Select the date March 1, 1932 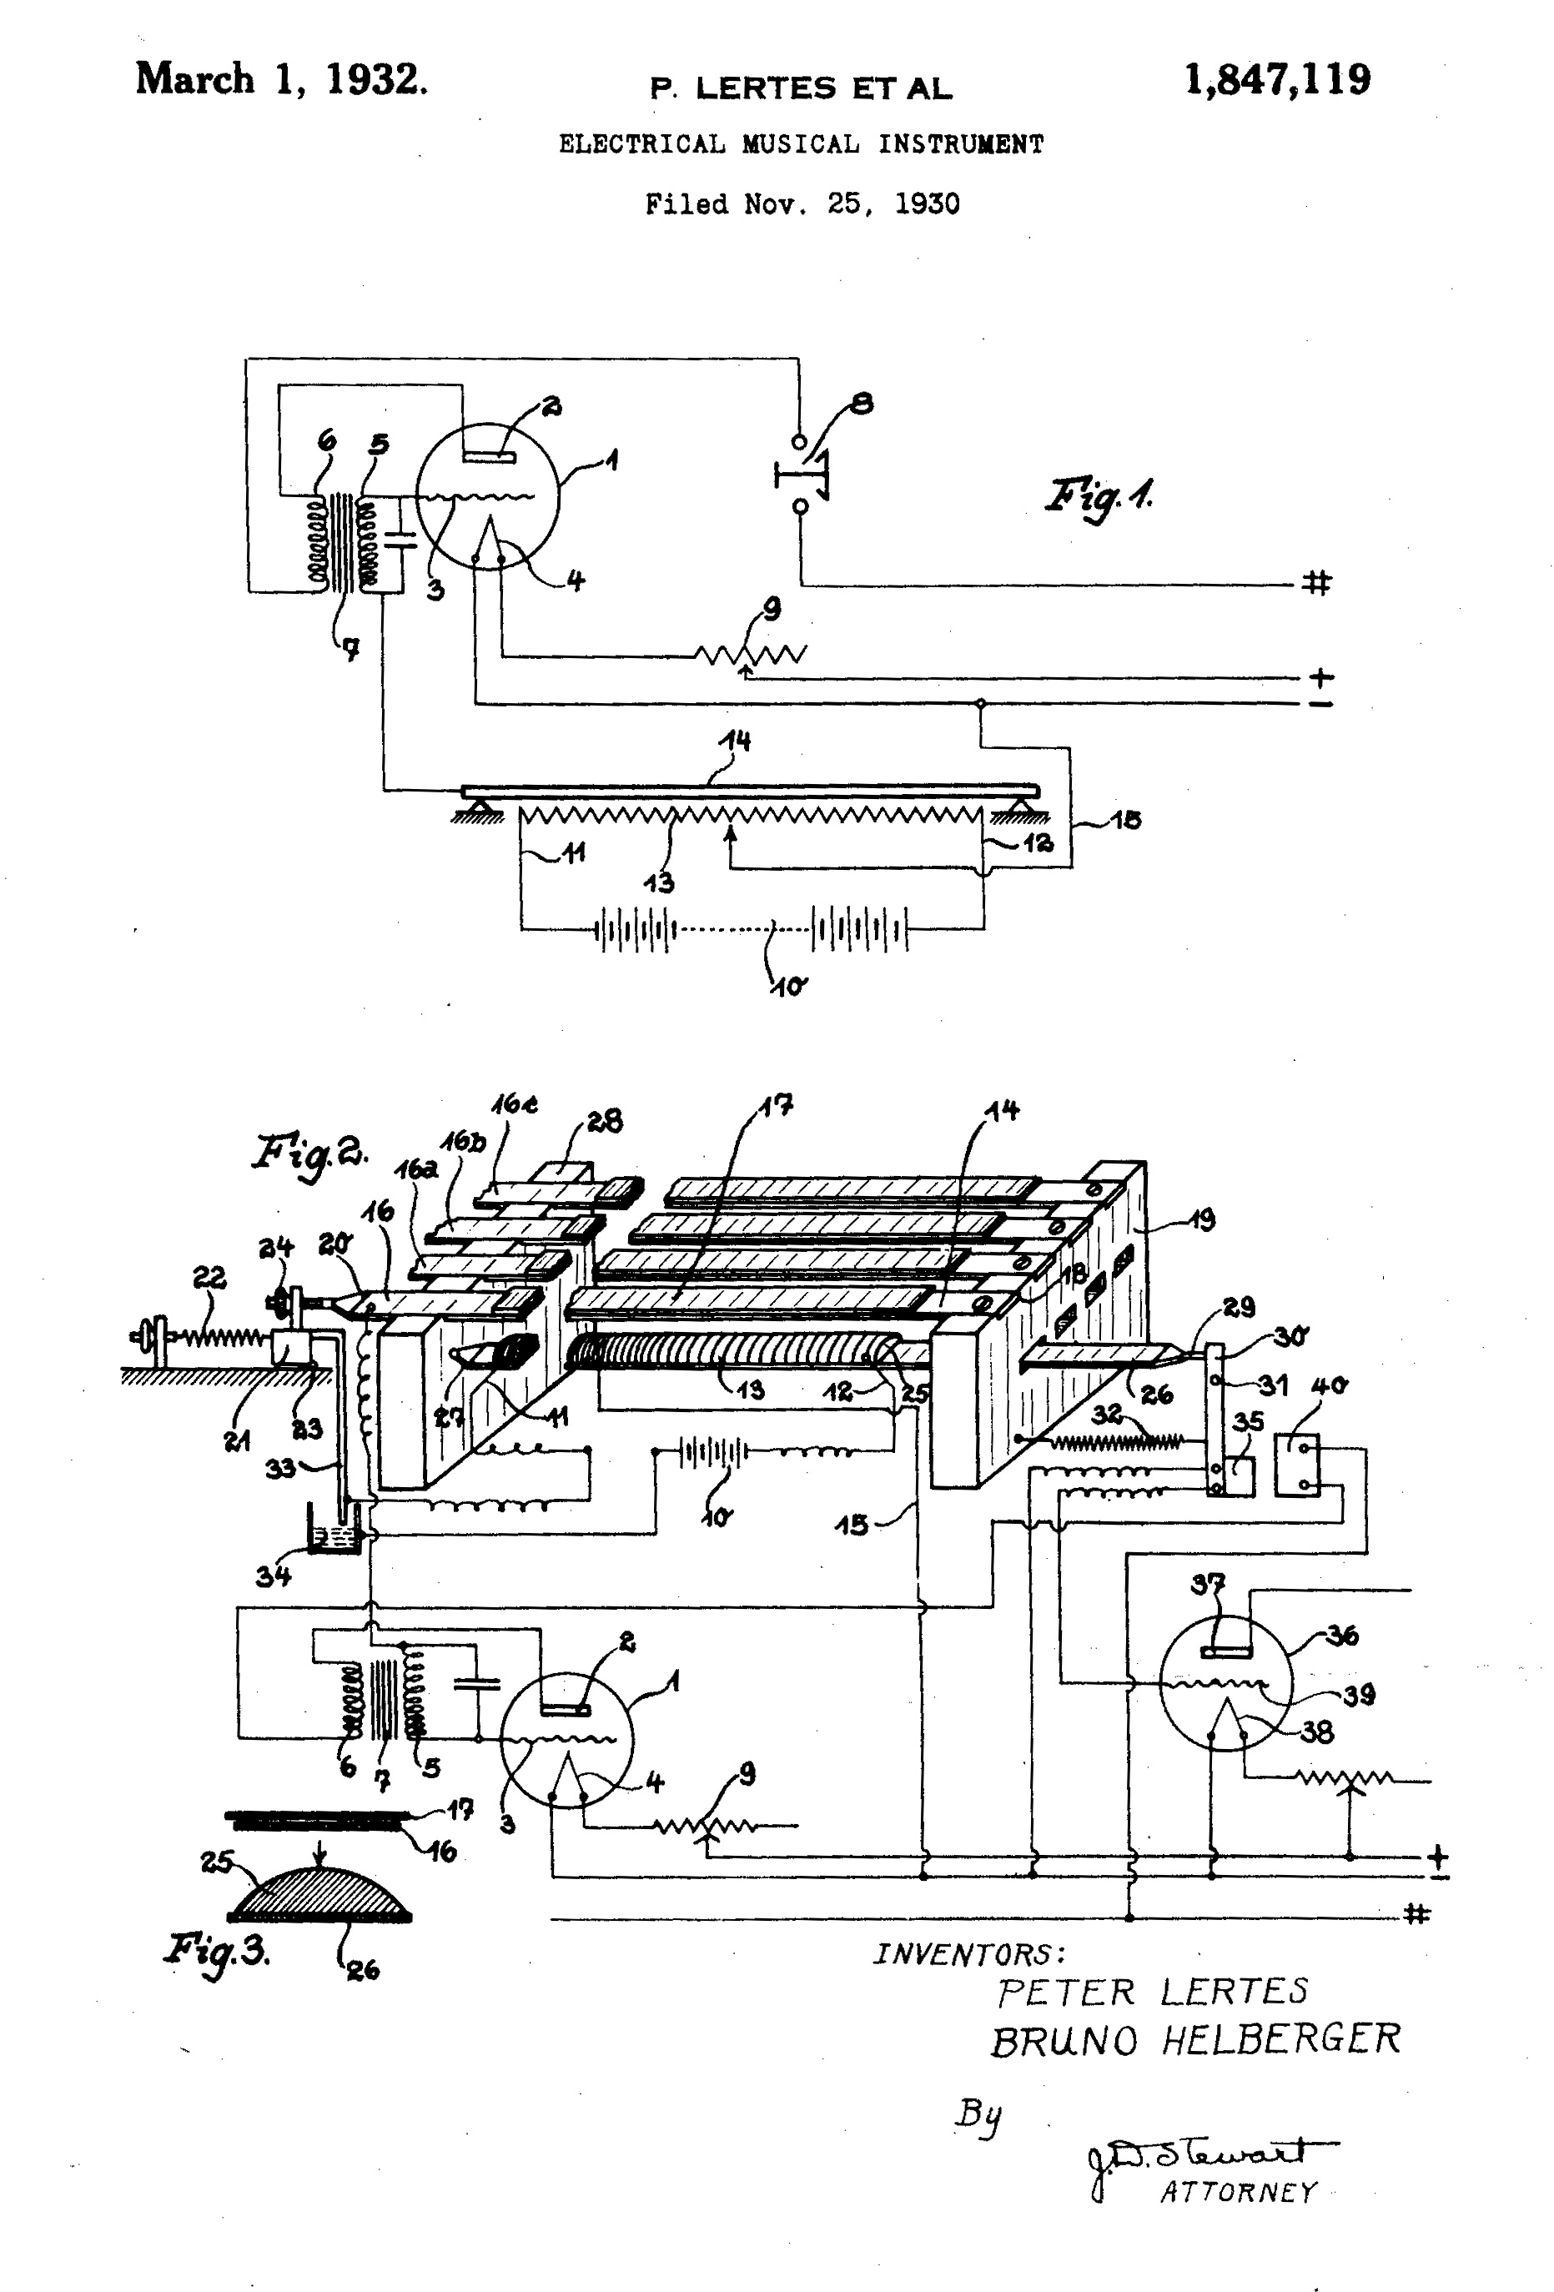pos(282,80)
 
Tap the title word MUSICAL pos(801,144)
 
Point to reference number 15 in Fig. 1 pos(1126,820)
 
